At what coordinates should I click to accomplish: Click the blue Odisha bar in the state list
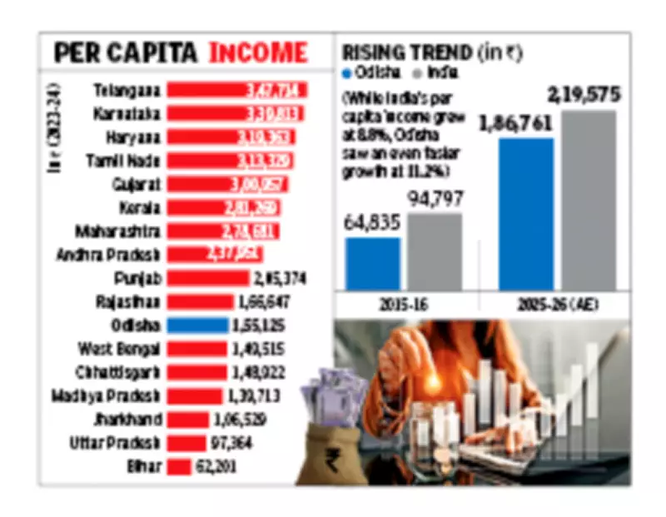tap(197, 325)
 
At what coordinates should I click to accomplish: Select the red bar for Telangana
tap(236, 89)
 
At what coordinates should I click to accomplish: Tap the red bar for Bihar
tap(179, 467)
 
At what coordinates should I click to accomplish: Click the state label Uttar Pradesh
tap(115, 443)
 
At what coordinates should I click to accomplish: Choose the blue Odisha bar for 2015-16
tap(372, 264)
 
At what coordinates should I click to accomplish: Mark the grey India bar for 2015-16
tap(434, 251)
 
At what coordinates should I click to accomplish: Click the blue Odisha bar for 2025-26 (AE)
tap(525, 214)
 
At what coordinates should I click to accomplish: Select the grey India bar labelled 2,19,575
tap(589, 200)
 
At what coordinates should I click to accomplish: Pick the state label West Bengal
tap(119, 348)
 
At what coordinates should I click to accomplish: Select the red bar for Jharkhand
tap(187, 420)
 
